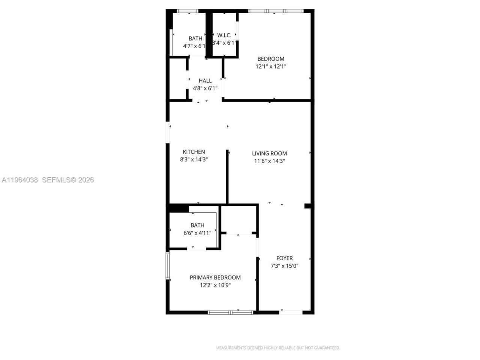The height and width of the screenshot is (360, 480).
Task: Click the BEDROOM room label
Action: [270, 59]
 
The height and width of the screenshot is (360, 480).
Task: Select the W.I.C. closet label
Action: [224, 35]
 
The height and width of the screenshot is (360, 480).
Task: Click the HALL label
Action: [205, 81]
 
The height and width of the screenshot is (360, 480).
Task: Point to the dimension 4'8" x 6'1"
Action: [205, 88]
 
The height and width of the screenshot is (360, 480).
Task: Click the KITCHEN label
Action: [194, 152]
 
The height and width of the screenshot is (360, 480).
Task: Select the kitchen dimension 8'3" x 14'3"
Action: [194, 159]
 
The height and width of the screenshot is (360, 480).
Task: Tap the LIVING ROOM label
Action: [269, 153]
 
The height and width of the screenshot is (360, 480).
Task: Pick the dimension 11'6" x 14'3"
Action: [269, 161]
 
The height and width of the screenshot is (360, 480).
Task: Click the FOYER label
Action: [284, 258]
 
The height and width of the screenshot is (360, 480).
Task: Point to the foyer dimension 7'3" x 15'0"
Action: [284, 266]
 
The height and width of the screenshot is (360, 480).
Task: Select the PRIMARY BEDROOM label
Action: [215, 277]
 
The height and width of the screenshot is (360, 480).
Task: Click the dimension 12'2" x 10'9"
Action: [215, 285]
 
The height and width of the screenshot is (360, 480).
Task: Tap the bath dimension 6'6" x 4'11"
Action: [197, 233]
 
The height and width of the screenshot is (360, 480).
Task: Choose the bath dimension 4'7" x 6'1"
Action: [194, 46]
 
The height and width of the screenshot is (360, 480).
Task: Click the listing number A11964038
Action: [19, 180]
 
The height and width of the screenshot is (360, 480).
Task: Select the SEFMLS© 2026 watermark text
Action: [68, 180]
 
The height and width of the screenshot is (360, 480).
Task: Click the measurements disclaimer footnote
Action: [278, 348]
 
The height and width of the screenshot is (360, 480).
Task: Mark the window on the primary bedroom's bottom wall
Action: [231, 312]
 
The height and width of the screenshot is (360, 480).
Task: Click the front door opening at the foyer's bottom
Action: [291, 312]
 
